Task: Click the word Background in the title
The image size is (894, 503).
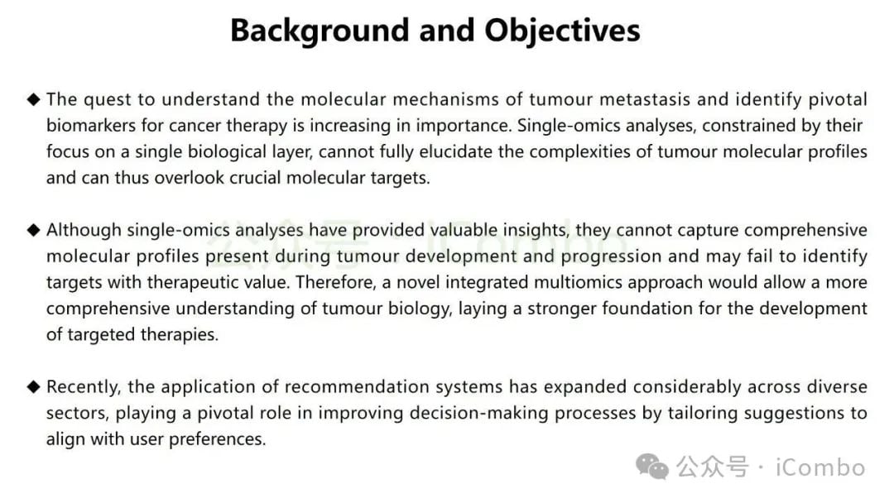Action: pos(320,31)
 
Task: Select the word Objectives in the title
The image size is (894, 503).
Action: pos(562,31)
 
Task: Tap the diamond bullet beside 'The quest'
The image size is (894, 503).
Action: pos(34,99)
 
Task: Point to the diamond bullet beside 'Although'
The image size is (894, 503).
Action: pos(34,230)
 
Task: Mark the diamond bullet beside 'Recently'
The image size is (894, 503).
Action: pos(34,387)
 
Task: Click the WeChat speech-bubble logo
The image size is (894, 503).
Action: pos(652,467)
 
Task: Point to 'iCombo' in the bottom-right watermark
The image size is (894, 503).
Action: pos(820,467)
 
